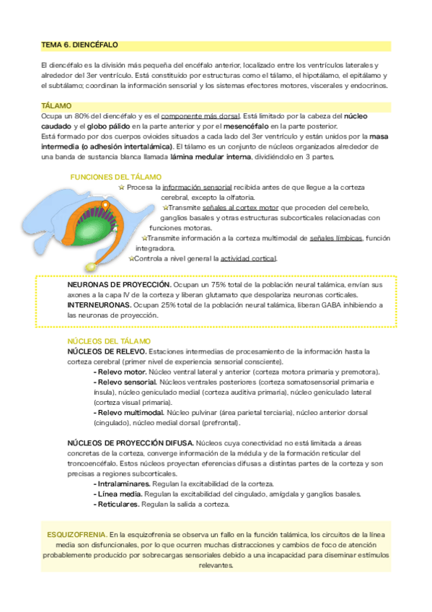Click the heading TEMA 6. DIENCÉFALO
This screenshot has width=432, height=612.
pos(80,45)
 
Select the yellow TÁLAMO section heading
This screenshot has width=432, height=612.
pos(56,105)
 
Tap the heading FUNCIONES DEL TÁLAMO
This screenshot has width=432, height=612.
pos(115,176)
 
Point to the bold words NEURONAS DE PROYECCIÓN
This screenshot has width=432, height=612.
pos(120,285)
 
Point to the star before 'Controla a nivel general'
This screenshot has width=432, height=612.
pos(131,258)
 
